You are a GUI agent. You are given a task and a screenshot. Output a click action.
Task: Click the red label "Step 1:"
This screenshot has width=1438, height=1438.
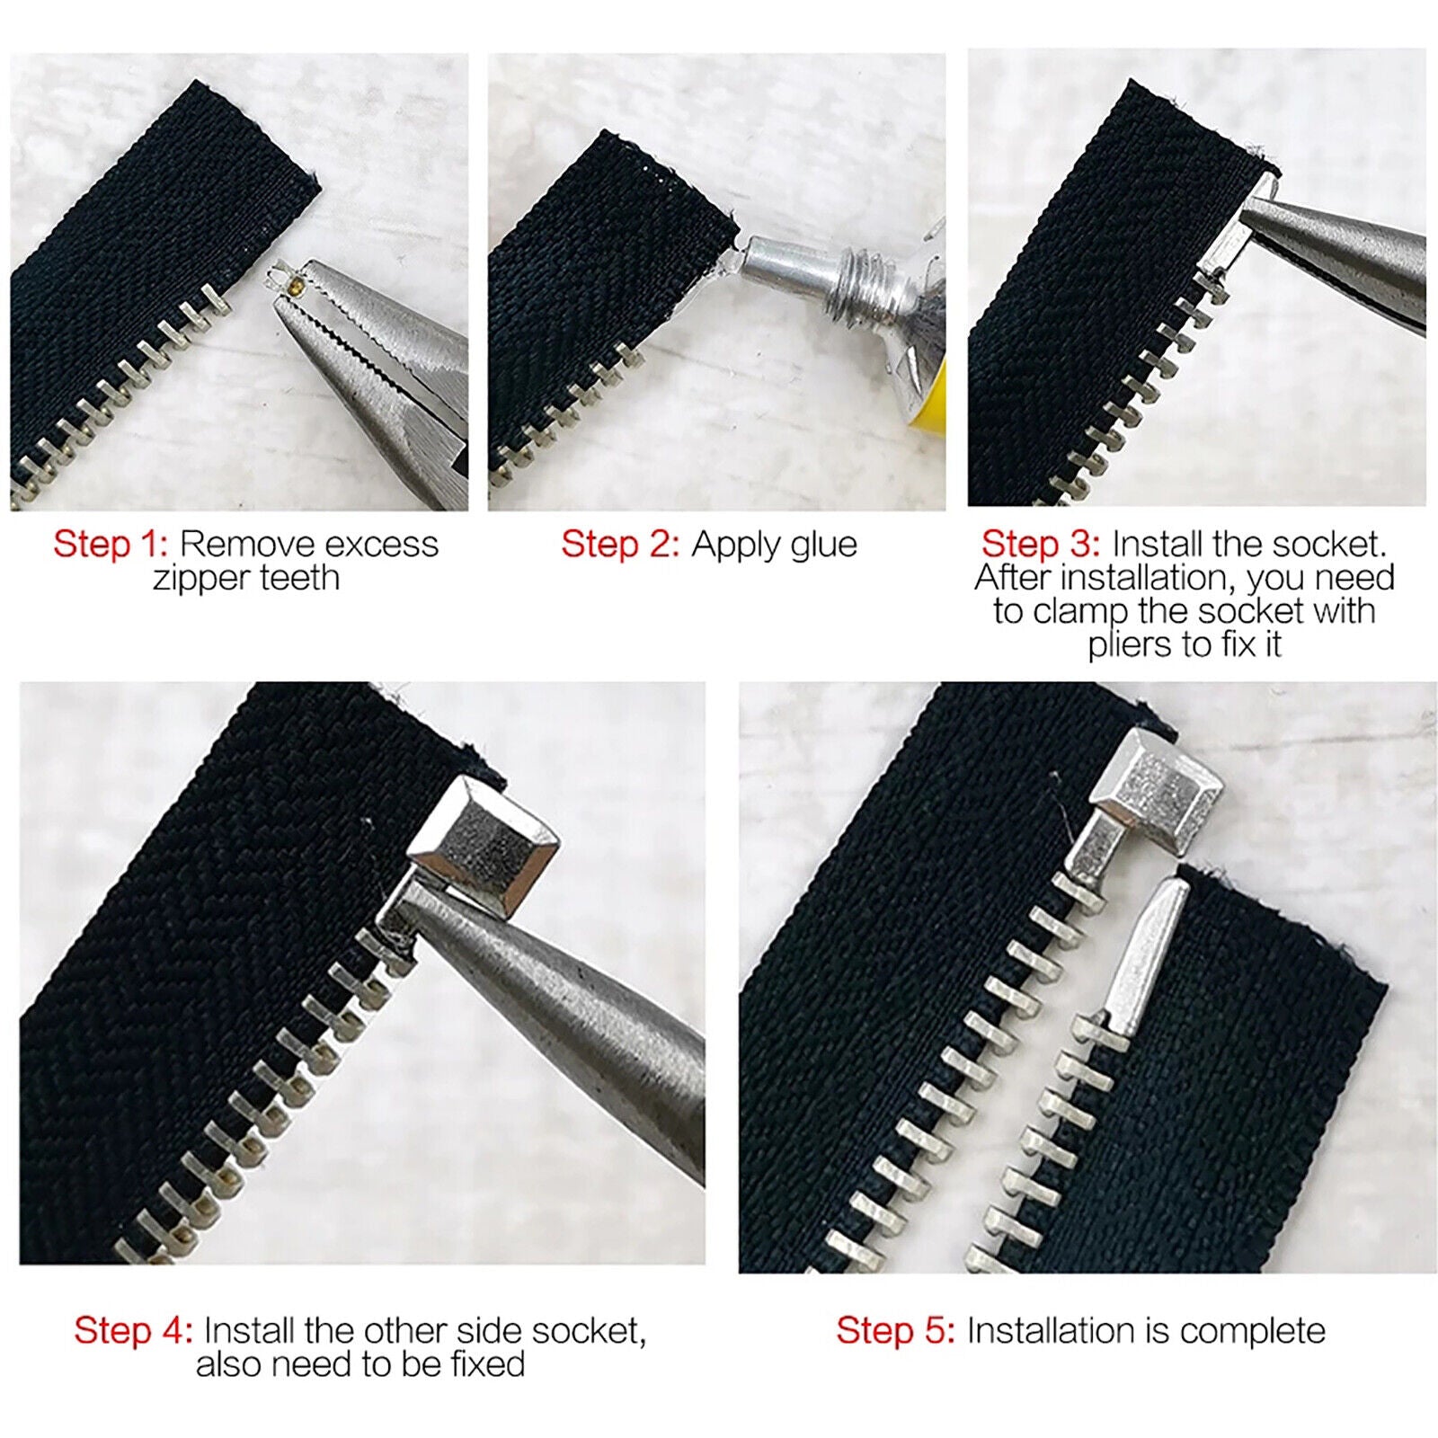[x=111, y=544]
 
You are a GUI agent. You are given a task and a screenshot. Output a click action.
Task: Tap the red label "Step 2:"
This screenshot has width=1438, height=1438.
[x=620, y=544]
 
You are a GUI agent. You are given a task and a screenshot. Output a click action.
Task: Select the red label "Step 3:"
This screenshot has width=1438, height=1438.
[x=1041, y=544]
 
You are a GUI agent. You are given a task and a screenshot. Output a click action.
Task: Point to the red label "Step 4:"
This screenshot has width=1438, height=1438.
[x=133, y=1330]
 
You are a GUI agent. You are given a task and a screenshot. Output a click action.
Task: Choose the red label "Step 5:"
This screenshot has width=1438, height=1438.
[x=895, y=1330]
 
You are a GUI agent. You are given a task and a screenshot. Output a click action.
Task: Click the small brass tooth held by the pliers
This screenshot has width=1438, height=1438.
[x=297, y=287]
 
